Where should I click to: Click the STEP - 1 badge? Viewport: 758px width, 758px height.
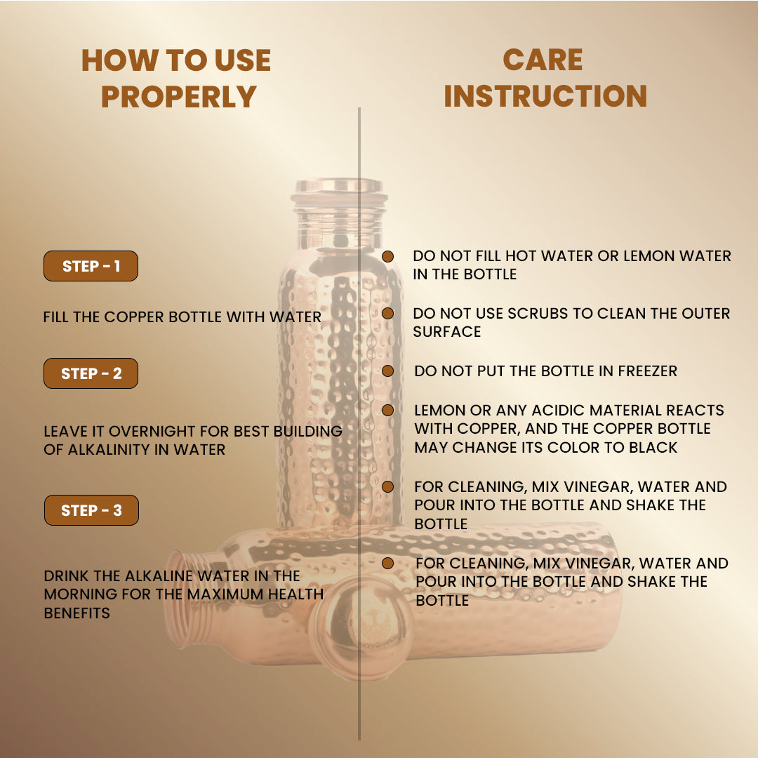point(91,266)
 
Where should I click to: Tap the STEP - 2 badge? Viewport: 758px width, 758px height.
point(91,373)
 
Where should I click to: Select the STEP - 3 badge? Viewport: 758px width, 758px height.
point(91,510)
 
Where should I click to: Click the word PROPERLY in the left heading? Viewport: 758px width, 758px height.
point(178,97)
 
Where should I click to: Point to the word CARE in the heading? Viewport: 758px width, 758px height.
point(543,60)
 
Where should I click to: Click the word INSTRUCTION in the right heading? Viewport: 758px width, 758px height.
point(545,95)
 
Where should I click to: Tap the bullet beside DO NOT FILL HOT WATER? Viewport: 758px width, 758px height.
point(387,256)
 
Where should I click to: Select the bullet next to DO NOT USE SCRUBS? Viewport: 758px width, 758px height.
point(387,313)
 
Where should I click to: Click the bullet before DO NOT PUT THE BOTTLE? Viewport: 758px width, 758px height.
point(387,371)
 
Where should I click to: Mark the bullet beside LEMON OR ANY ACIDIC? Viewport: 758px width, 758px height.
point(387,410)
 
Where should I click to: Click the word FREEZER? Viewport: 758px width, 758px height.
point(647,371)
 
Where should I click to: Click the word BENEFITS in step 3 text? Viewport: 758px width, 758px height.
point(77,613)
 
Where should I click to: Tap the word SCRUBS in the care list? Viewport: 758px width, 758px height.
point(538,313)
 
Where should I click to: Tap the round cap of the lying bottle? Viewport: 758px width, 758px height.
point(361,627)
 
